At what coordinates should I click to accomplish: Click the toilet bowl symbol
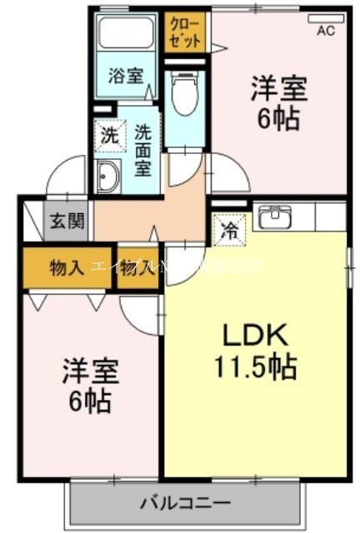182,97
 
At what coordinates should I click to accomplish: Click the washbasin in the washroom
108,177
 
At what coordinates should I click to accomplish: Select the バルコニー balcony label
184,503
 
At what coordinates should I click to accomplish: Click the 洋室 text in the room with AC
279,89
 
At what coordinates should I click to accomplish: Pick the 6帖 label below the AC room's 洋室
278,119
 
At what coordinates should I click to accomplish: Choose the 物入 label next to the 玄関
67,268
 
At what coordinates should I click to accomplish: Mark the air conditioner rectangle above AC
326,17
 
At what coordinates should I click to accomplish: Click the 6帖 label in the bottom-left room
89,403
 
